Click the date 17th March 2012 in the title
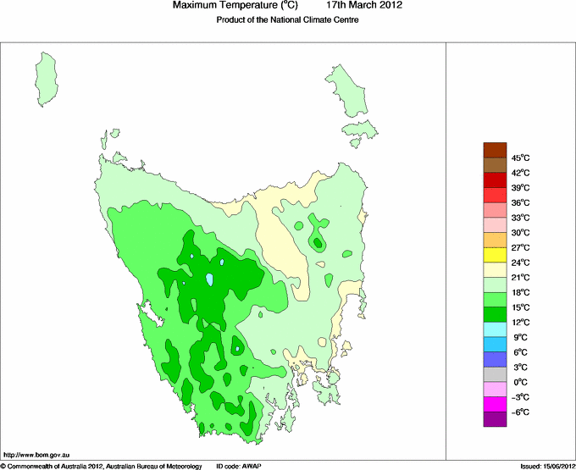pos(364,6)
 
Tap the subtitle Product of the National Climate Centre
pos(287,20)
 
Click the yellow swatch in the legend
pos(495,255)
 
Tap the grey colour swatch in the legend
pos(495,374)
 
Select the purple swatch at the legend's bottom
pos(495,419)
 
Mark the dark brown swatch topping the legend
pos(495,150)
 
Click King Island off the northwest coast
pos(48,75)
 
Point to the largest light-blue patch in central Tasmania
pos(209,278)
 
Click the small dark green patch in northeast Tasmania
pos(318,243)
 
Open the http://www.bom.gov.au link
pos(36,455)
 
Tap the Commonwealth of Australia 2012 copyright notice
pos(102,465)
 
